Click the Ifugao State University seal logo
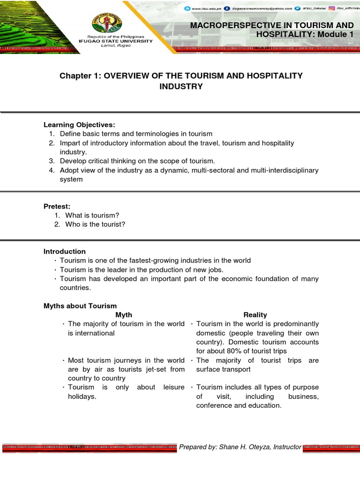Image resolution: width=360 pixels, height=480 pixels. point(121,20)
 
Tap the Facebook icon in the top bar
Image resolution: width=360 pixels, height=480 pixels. point(227,8)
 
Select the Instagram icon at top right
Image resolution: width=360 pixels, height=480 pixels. point(331,8)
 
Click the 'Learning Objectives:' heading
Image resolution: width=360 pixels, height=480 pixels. point(79,125)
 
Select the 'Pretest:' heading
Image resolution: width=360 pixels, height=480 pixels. point(58,206)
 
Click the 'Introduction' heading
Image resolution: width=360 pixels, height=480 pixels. point(65,251)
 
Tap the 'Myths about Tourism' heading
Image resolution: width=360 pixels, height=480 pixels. point(80,306)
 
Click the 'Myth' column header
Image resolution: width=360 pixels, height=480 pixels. point(124,315)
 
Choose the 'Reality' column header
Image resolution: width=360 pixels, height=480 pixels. point(255,315)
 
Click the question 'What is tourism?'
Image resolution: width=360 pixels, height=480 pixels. point(92,215)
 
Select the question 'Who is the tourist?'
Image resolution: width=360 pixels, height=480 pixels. point(95,224)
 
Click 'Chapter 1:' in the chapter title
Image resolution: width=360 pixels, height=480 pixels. point(77,76)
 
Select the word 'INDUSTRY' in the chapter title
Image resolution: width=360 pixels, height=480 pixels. point(180,86)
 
